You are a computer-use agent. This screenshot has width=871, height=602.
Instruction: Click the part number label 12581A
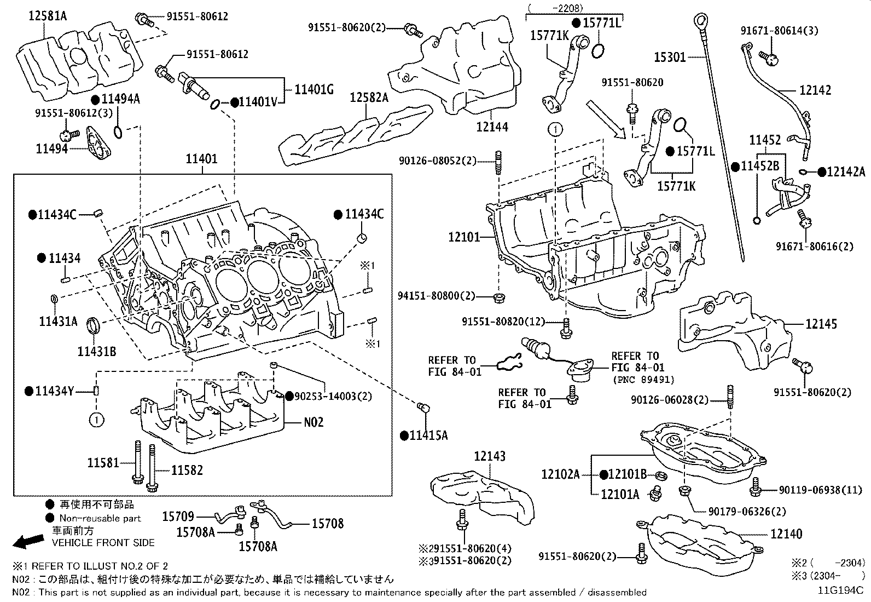[x=48, y=16]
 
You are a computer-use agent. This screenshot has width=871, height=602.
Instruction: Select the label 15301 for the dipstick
[x=670, y=56]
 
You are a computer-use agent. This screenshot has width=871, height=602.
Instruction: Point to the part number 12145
[x=821, y=324]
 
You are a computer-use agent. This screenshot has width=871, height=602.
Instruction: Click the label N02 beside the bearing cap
[x=313, y=422]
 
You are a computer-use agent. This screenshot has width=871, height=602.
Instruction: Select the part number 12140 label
[x=786, y=534]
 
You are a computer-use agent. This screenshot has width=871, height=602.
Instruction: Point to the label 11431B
[x=96, y=351]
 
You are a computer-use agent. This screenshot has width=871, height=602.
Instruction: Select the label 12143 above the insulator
[x=490, y=456]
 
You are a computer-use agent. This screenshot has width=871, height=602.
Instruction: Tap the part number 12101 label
[x=464, y=237]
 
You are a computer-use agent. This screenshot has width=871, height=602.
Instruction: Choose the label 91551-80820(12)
[x=502, y=322]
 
